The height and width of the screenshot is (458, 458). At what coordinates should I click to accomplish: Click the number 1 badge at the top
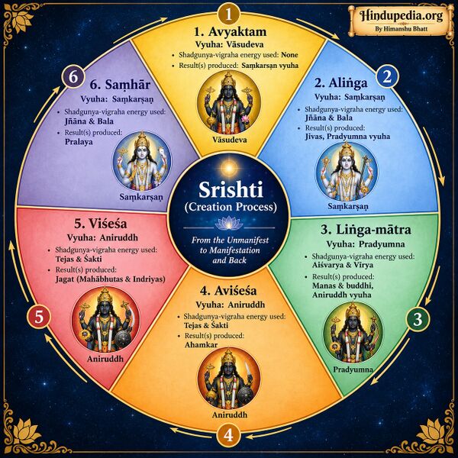click(229, 14)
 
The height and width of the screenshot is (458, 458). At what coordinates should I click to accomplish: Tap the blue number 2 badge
click(387, 76)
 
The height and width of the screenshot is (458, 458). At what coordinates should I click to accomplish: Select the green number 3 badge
click(418, 319)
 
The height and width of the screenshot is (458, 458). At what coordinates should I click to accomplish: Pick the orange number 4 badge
click(229, 435)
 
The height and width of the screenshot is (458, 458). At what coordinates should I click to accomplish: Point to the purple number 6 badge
click(73, 77)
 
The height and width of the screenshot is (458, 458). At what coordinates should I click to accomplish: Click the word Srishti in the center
click(231, 189)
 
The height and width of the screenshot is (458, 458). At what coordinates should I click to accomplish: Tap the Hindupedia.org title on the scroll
click(401, 15)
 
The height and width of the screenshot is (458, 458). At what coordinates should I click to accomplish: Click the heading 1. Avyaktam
click(231, 31)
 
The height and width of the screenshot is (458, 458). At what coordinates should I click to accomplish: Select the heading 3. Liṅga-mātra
click(366, 230)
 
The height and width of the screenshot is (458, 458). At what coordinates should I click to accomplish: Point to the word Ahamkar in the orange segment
click(202, 345)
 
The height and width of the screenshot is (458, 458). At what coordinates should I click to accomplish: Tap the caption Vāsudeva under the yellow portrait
click(230, 140)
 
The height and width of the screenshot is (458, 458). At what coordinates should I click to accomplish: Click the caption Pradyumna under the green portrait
click(353, 369)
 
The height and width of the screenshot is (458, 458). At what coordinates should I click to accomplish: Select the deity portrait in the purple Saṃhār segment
click(142, 161)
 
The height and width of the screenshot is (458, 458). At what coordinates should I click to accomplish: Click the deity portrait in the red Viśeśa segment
click(105, 320)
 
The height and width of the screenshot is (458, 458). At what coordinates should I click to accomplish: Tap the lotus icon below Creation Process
click(229, 223)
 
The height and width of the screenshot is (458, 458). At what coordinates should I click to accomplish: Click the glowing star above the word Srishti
click(229, 168)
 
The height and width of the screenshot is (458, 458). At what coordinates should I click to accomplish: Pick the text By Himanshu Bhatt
click(401, 29)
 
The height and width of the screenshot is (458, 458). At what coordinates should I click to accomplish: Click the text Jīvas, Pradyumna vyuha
click(347, 137)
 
